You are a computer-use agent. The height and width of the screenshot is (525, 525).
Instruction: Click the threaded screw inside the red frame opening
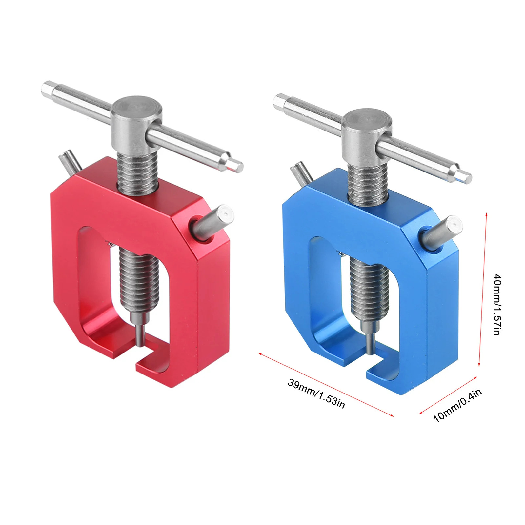[140, 279]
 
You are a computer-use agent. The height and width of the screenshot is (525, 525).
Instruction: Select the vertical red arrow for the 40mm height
[483, 289]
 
